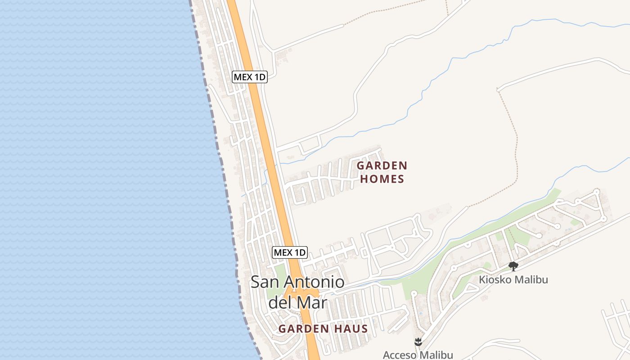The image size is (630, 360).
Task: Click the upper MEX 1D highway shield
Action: tap(250, 77)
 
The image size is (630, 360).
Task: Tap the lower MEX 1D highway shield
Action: tap(290, 252)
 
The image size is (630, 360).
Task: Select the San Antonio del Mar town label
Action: tap(297, 292)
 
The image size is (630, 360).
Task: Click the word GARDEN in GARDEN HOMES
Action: tap(382, 166)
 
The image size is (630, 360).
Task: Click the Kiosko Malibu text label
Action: tap(513, 279)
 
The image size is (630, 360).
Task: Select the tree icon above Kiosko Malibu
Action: tap(513, 266)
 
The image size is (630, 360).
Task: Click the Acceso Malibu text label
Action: tap(418, 355)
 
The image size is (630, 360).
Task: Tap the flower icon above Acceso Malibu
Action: tap(418, 342)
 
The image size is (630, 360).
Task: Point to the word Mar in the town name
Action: tap(312, 302)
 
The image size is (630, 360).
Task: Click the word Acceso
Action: tap(400, 355)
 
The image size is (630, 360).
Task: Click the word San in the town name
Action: tap(262, 283)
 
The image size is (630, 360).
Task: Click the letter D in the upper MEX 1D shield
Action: tap(262, 77)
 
